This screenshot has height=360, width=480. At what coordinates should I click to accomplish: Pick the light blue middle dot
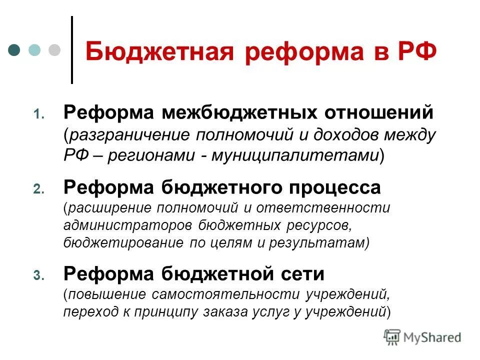point(34,50)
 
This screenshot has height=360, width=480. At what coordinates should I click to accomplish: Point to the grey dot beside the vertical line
point(53,50)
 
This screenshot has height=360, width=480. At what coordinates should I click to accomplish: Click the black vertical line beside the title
point(72,50)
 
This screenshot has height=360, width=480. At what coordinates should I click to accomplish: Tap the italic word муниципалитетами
point(297,155)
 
